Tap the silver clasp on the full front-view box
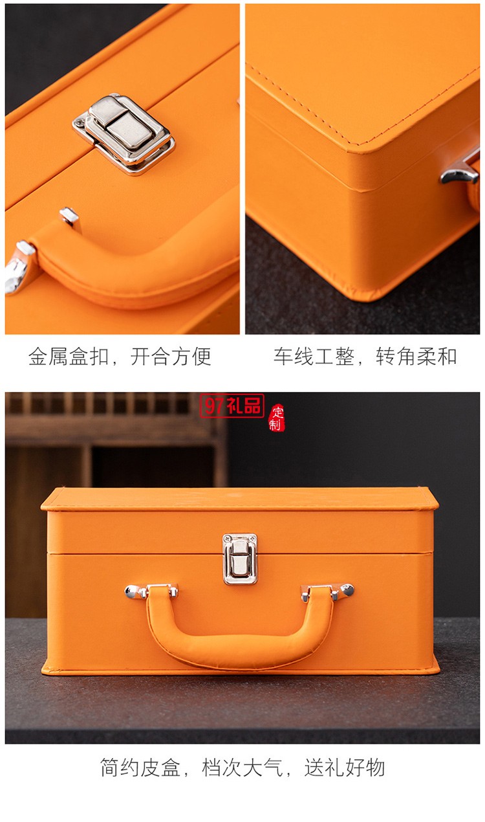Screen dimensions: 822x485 [x=240, y=558]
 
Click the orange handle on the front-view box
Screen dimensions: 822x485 [x=239, y=641]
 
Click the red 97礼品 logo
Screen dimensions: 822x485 [x=232, y=406]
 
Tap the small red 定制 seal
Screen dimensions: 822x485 [x=277, y=417]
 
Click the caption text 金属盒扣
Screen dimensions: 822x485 [x=68, y=357]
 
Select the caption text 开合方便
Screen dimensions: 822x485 [x=171, y=357]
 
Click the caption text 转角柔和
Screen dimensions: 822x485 [x=416, y=357]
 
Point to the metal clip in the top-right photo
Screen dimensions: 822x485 [x=460, y=170]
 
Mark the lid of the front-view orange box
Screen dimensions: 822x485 [x=239, y=511]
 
